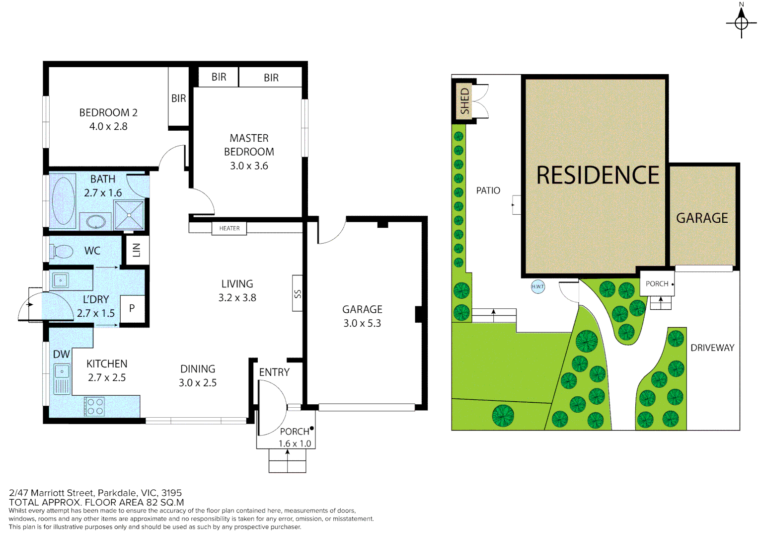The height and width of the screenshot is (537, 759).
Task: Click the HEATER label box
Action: tap(229, 228)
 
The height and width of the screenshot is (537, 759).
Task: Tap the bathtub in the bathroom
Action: tap(64, 201)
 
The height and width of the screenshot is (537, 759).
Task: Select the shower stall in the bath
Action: tap(129, 215)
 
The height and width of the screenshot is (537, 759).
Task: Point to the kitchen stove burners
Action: tap(94, 406)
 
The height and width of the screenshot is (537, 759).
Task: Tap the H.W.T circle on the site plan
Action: tap(537, 286)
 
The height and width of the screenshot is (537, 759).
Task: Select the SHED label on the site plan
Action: tap(464, 101)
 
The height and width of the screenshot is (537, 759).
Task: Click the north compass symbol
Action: tap(741, 22)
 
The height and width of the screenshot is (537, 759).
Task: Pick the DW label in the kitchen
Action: tap(61, 354)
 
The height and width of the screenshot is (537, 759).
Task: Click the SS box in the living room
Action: tap(298, 293)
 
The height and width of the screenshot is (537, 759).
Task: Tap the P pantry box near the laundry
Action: tap(132, 308)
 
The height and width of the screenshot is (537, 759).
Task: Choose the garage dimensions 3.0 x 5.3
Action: tap(362, 323)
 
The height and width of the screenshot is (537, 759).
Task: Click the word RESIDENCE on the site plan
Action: tap(598, 176)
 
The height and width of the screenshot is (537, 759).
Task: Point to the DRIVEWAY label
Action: tap(712, 348)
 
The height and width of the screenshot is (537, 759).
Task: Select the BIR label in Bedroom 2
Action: tap(178, 98)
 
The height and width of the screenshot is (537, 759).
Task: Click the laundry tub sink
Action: tap(61, 280)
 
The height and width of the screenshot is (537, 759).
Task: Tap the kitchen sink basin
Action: tap(62, 371)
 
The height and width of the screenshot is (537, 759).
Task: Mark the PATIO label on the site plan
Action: tap(488, 190)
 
